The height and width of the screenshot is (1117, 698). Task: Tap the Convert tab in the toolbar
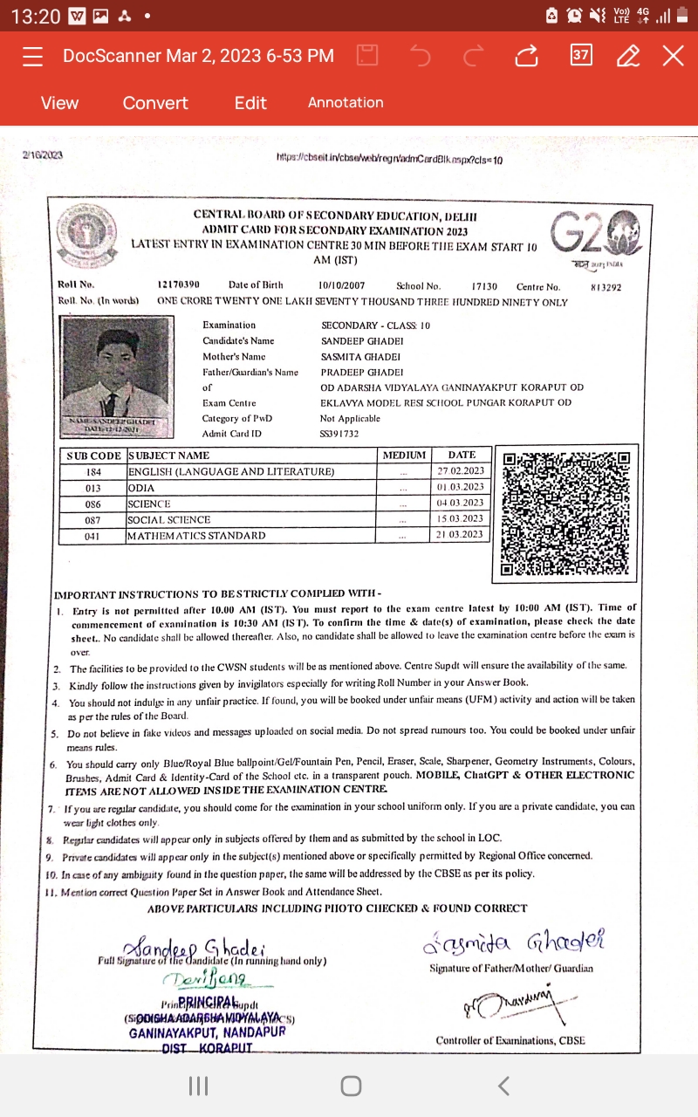point(155,103)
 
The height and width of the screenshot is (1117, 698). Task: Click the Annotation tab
point(346,103)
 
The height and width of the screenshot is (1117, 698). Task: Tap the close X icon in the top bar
point(673,56)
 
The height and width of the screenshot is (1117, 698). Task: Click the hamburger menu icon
point(33,56)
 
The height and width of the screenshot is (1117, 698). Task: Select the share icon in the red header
point(526,56)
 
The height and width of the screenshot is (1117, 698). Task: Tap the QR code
point(566,513)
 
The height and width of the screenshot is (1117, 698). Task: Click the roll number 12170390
point(179,285)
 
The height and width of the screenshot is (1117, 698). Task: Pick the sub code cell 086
point(92,504)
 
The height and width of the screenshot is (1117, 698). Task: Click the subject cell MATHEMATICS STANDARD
point(196,536)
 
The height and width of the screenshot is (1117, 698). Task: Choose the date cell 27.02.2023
point(461,471)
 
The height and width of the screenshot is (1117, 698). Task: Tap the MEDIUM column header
point(404,456)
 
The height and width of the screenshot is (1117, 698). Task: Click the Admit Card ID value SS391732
point(339,434)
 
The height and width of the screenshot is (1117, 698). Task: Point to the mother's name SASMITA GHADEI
point(361,357)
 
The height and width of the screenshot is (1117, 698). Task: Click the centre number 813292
point(606,286)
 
